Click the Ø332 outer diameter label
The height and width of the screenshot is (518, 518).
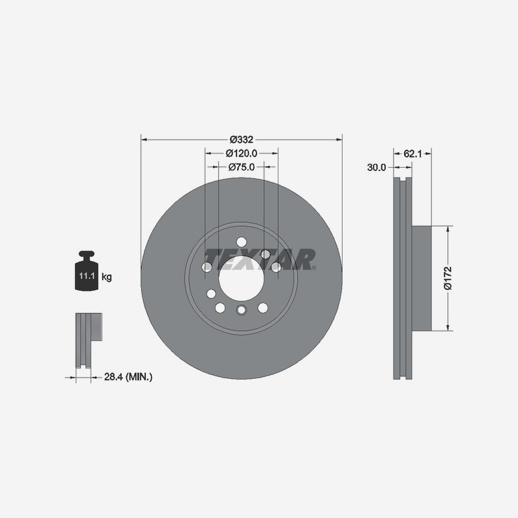point(241,139)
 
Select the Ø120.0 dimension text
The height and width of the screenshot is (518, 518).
point(242,153)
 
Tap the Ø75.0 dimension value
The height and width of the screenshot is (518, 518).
point(242,167)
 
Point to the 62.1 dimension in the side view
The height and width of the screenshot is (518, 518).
point(412,153)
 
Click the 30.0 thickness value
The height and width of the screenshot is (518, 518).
point(376,167)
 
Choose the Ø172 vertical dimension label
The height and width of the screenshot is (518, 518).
point(447,277)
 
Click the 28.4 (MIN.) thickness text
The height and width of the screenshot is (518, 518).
point(128,376)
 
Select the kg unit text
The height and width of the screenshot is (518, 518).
point(107,277)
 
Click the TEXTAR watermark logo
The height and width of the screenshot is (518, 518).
point(260,259)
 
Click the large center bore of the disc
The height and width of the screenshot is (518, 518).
point(241,278)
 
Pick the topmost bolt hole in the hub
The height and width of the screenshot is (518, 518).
point(242,242)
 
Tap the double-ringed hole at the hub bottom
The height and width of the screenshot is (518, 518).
point(242,310)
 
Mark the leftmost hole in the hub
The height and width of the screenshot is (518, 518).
point(207,267)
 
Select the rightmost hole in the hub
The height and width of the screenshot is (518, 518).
point(276,267)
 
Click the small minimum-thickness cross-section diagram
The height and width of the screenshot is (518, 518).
point(87,340)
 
